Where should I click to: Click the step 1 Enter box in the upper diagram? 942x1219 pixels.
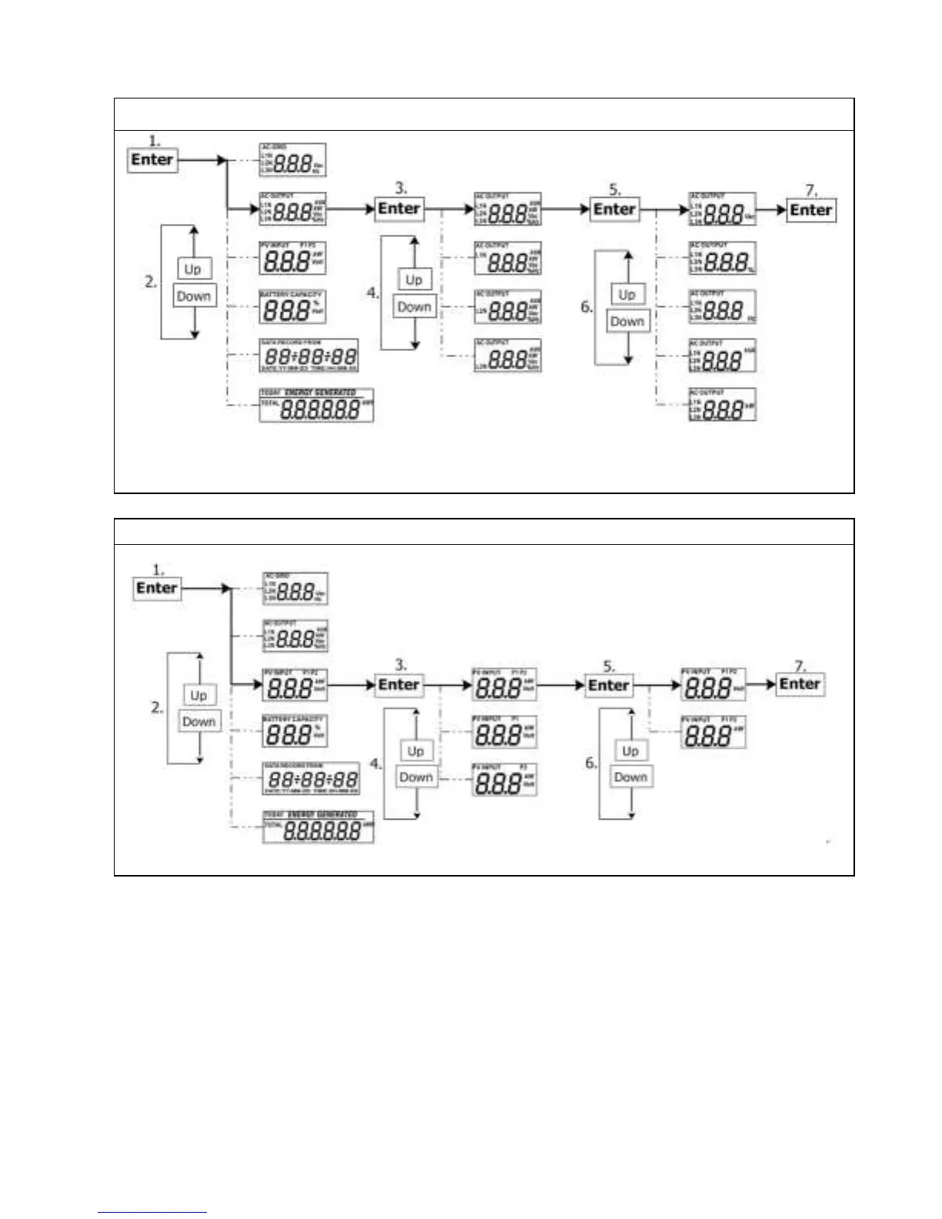coord(152,160)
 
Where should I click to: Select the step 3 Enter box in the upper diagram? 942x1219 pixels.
coord(399,209)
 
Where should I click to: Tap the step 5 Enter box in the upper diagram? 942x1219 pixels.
coord(614,209)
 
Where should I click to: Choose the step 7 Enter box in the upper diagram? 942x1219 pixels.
coord(810,210)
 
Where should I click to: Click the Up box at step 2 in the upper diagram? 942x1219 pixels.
coord(192,269)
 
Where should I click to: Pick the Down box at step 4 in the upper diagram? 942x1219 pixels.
coord(414,306)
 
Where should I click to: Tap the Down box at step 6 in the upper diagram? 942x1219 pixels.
coord(626,322)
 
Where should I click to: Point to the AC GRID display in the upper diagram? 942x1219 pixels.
coord(292,159)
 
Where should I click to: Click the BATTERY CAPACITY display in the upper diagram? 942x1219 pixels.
coord(292,307)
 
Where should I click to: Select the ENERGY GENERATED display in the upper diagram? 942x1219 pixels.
coord(316,405)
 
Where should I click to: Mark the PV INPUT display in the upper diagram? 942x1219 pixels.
coord(292,258)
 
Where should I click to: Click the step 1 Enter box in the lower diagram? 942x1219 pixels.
coord(156,588)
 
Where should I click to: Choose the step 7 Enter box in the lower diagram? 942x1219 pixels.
coord(800,684)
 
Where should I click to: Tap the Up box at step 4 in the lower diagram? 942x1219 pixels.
coord(416,751)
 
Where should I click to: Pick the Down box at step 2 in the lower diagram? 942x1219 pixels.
coord(199,722)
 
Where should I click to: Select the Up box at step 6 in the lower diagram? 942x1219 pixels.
coord(630,751)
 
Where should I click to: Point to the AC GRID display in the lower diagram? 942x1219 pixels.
coord(295,589)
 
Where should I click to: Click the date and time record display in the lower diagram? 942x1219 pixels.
coord(311,779)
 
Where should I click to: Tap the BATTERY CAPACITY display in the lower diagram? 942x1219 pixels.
coord(295,732)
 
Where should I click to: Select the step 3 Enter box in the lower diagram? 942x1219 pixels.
coord(399,685)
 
